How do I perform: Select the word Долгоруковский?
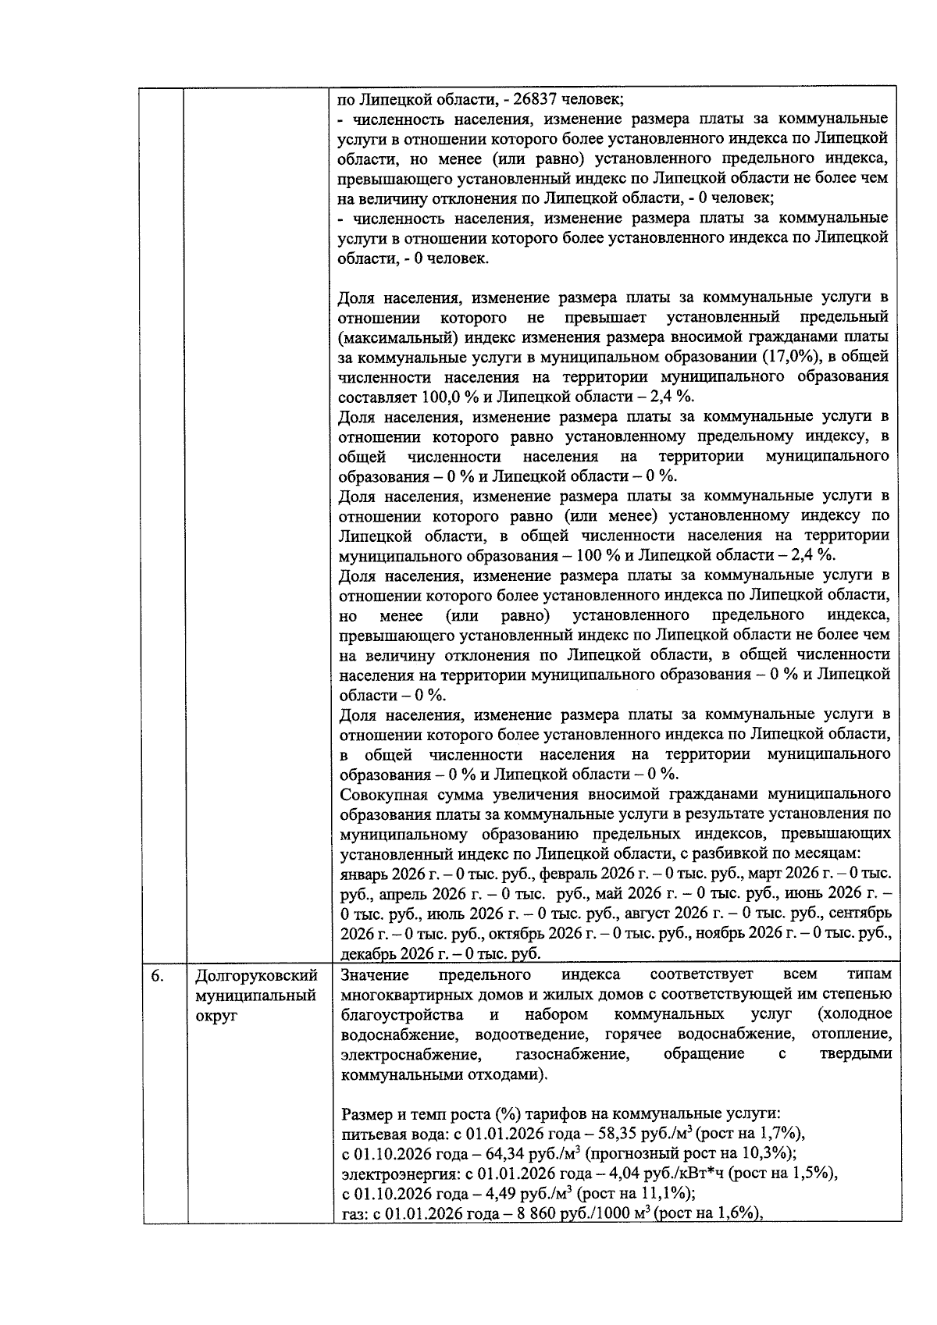[256, 977]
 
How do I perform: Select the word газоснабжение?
[572, 1055]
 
